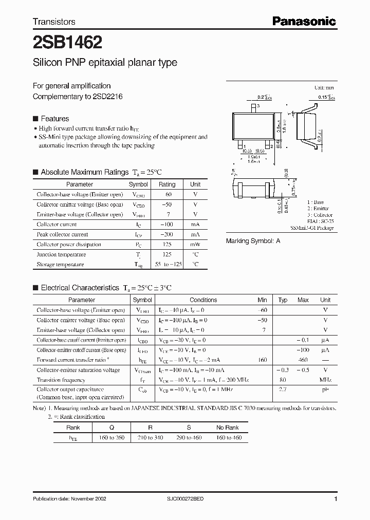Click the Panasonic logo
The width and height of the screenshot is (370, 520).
tap(304, 22)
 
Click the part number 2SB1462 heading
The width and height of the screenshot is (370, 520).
tap(60, 42)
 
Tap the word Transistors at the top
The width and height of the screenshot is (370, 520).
tap(54, 22)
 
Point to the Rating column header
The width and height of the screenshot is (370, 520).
tap(167, 184)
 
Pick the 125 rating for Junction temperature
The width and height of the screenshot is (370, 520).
tap(167, 254)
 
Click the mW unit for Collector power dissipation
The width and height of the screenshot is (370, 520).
tap(195, 245)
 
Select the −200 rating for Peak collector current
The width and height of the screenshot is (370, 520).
tap(167, 234)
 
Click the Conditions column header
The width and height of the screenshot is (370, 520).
tap(203, 300)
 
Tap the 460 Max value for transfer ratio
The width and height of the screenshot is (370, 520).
tap(303, 360)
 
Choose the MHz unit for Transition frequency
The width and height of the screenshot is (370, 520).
tap(325, 380)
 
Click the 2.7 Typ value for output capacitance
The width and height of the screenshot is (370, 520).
tap(283, 390)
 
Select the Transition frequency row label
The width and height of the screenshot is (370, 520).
tap(61, 380)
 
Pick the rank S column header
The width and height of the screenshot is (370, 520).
tap(189, 428)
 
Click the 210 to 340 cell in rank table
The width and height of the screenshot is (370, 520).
tap(151, 437)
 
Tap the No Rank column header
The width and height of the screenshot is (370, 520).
tap(227, 428)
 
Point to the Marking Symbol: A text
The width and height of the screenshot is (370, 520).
tap(253, 241)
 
